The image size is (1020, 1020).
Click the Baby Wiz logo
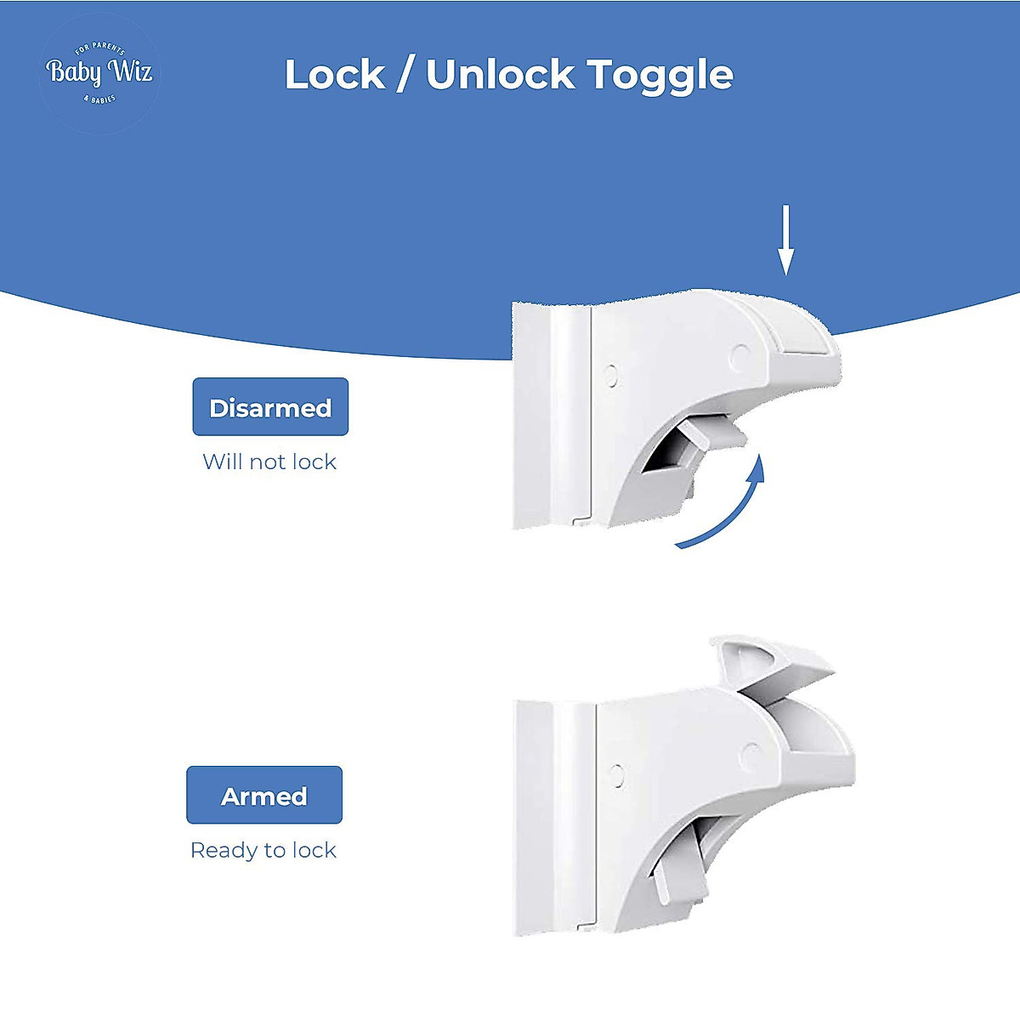tap(99, 73)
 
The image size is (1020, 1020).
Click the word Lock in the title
tap(334, 75)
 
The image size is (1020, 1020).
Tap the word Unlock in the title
tap(500, 75)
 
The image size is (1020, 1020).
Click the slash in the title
tap(405, 75)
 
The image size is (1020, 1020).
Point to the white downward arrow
tap(786, 240)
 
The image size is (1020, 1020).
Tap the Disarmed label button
tap(270, 407)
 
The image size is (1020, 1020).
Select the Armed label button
tap(264, 796)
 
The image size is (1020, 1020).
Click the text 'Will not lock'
tap(269, 462)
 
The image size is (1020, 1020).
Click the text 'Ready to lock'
tap(263, 850)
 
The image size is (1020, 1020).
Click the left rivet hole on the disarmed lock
tap(610, 376)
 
